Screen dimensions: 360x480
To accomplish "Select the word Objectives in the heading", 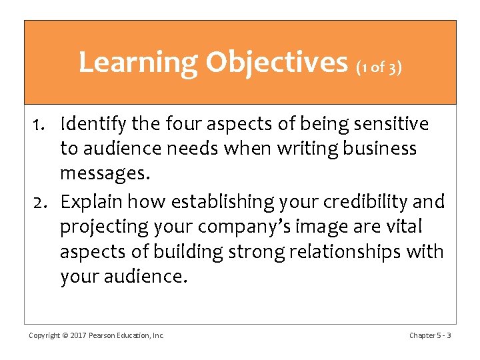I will (x=277, y=63).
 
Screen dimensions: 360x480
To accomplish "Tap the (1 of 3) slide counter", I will (x=379, y=67).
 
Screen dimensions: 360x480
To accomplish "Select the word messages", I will (x=105, y=175).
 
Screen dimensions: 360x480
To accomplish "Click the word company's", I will (x=240, y=227).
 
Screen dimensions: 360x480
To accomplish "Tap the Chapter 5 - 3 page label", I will (x=429, y=335).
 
